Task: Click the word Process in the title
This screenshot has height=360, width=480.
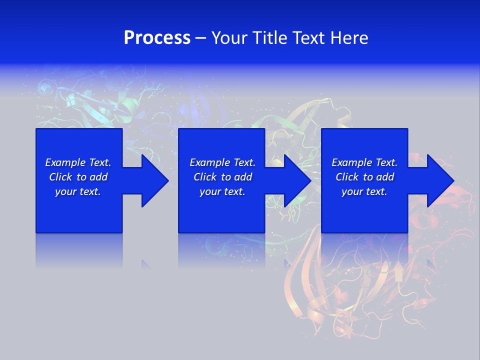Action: pyautogui.click(x=157, y=38)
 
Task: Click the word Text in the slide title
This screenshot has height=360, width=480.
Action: pyautogui.click(x=309, y=38)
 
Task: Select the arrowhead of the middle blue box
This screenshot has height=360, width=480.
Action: pyautogui.click(x=297, y=180)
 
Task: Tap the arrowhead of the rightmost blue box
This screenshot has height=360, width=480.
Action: pyautogui.click(x=440, y=180)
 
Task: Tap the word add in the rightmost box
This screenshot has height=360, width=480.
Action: pyautogui.click(x=384, y=177)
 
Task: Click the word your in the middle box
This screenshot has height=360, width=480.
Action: pyautogui.click(x=210, y=192)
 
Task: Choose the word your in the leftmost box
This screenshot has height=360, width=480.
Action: pyautogui.click(x=65, y=192)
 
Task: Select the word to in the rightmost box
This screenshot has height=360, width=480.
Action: pyautogui.click(x=368, y=177)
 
